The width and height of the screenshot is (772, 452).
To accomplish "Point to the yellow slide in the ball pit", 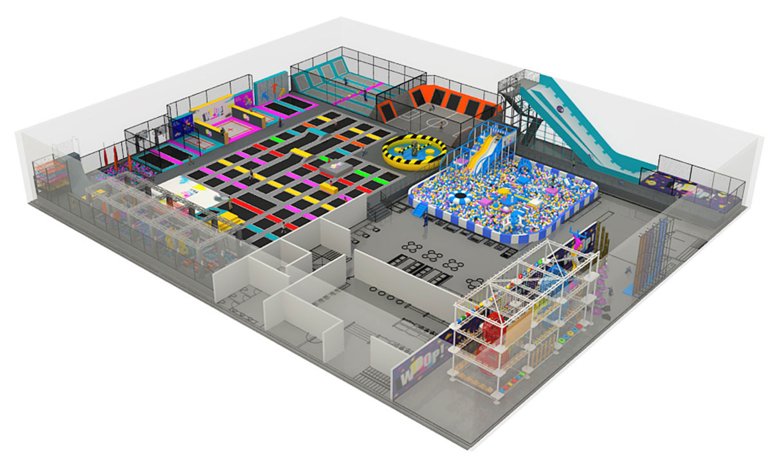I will [x=482, y=153].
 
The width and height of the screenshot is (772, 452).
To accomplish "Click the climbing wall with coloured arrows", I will [x=271, y=91].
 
